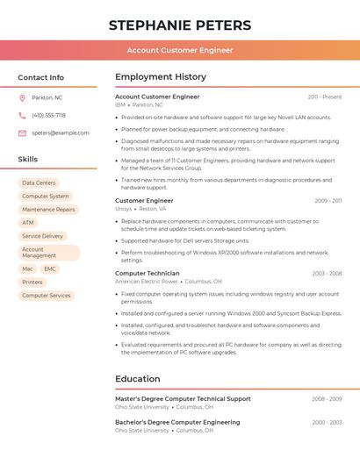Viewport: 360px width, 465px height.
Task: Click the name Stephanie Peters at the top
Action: pos(180,25)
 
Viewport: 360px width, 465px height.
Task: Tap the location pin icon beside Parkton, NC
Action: pos(22,97)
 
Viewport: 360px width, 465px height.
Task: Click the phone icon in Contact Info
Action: pos(22,115)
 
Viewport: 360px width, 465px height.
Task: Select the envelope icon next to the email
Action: pos(22,132)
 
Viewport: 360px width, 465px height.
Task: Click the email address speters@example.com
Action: pos(61,132)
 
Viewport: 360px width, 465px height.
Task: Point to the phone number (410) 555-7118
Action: pos(48,115)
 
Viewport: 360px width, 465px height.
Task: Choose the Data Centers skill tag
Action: pos(39,182)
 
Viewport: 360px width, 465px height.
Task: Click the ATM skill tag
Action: pos(28,223)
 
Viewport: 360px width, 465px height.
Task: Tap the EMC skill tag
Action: pos(50,268)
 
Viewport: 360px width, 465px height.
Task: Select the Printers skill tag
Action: pos(32,282)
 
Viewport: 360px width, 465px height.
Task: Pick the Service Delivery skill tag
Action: pos(42,236)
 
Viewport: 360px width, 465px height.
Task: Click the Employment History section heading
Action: pos(161,77)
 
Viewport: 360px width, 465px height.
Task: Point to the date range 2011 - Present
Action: pos(324,97)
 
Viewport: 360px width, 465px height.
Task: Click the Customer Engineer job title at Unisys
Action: pos(144,201)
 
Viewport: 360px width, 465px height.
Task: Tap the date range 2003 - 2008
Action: pos(327,274)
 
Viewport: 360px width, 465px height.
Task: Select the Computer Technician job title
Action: pos(147,273)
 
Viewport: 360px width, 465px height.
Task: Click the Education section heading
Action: pos(137,379)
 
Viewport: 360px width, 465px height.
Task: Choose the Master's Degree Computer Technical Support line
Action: pos(183,398)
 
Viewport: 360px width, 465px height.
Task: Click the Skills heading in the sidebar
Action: pos(28,160)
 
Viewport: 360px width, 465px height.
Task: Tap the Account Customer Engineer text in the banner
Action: pos(180,50)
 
